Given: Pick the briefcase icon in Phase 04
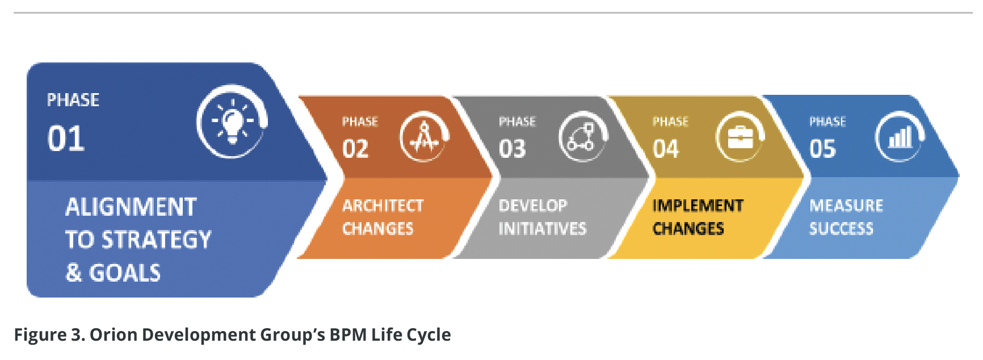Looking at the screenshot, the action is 740,137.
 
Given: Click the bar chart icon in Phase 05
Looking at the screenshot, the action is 900,137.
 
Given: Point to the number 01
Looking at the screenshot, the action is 66,139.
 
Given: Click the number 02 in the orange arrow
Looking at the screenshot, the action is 355,149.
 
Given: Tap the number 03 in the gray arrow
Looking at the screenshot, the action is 512,149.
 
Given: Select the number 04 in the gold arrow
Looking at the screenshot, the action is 666,149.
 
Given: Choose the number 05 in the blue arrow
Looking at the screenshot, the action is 823,149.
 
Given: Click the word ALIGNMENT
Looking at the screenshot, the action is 131,207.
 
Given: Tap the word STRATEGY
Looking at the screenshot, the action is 156,240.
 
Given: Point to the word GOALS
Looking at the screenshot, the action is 125,273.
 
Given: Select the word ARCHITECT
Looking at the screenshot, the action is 383,206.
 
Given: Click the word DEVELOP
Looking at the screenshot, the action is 533,206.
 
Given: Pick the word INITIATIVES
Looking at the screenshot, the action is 543,228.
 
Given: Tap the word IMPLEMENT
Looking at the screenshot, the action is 698,206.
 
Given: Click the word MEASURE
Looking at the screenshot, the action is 846,206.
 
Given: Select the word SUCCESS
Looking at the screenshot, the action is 841,228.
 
